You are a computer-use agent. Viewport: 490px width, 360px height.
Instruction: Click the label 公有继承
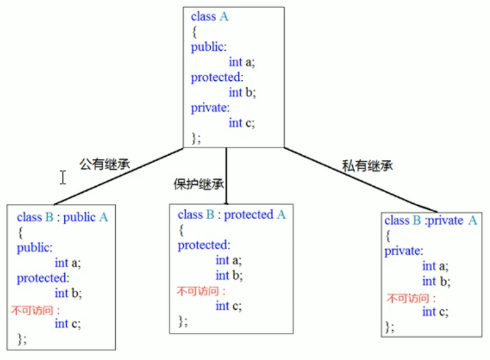(105, 163)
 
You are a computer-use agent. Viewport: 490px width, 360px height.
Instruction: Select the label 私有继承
(367, 165)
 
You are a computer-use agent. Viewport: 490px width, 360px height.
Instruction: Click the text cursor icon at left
(63, 178)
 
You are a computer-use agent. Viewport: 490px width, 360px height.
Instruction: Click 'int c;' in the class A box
(241, 122)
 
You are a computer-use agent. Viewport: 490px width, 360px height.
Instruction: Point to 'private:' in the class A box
(210, 108)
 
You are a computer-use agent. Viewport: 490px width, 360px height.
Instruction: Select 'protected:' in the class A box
(217, 78)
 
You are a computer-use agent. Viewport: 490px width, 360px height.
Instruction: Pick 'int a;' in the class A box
(241, 62)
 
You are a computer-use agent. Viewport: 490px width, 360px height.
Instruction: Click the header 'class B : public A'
(62, 217)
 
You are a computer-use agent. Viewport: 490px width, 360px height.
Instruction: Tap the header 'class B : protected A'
(232, 215)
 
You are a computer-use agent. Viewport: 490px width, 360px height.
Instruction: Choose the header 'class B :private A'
(430, 220)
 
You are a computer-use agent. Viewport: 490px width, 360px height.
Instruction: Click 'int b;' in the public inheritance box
(68, 293)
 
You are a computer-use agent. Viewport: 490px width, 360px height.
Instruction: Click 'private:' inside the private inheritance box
(404, 251)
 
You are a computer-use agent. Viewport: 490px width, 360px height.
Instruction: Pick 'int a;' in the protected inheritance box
(228, 261)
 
